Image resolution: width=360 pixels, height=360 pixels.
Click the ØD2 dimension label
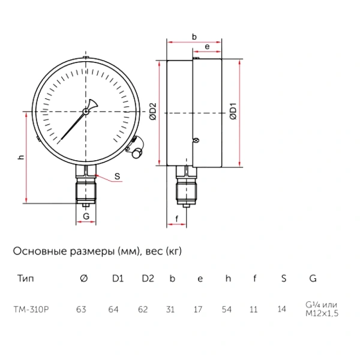153,112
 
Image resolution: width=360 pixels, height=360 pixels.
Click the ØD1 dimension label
233,112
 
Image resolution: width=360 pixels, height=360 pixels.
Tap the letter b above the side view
194,37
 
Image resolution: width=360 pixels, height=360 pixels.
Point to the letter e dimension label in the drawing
207,47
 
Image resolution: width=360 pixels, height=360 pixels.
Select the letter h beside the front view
21,157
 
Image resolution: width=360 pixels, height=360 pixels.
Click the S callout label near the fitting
117,176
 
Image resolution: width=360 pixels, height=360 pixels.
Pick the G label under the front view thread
86,216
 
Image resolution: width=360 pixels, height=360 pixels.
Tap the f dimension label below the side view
176,219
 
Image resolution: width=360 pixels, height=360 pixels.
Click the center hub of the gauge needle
86,112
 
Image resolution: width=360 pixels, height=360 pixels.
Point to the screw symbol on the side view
196,140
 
